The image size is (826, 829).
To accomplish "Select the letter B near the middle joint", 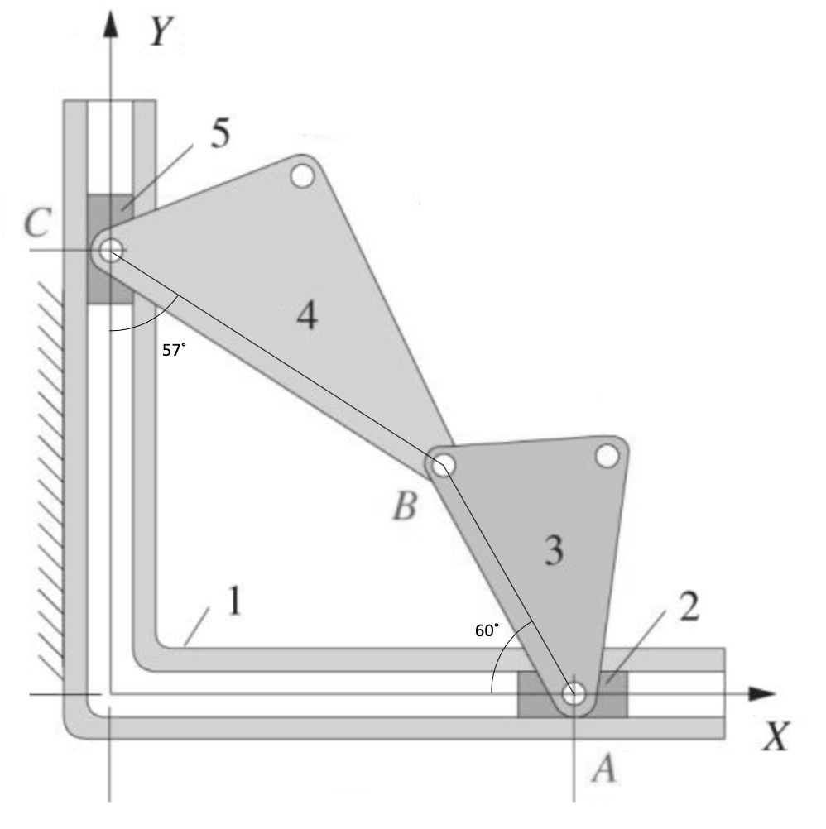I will tap(404, 505).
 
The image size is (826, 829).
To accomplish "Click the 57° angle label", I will tap(173, 350).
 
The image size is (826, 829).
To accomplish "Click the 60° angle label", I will tap(487, 630).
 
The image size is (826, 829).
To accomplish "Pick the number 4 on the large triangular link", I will tap(306, 316).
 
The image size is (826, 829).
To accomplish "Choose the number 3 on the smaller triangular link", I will tap(554, 551).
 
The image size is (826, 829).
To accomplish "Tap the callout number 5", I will tap(219, 135).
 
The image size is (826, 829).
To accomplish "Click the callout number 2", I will tap(688, 606).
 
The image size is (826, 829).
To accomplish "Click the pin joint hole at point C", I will tap(110, 249).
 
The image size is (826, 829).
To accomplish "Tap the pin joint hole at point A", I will tap(574, 693).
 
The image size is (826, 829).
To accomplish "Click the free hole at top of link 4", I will tap(301, 175).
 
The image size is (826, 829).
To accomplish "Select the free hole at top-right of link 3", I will tap(606, 456).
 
